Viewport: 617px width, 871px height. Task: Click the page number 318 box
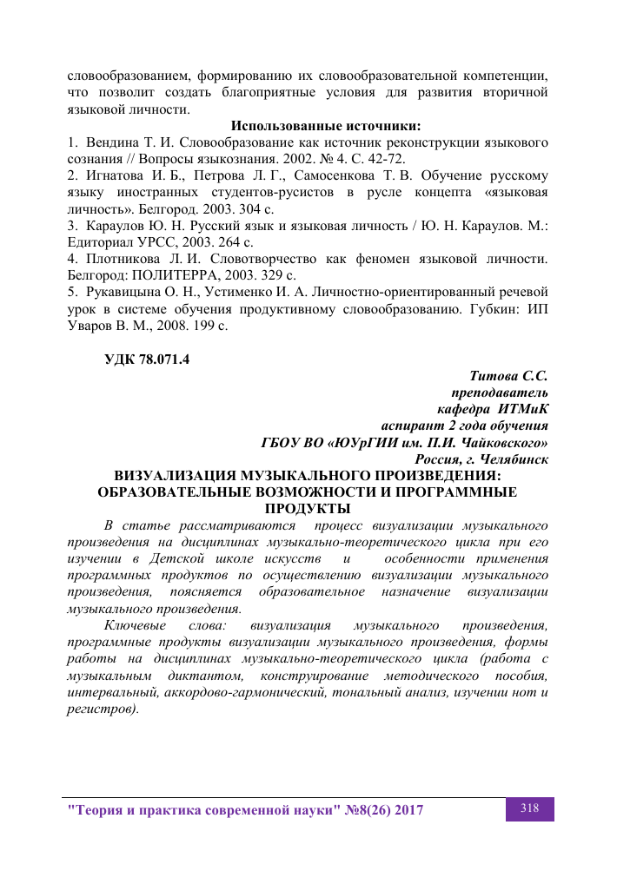coord(529,808)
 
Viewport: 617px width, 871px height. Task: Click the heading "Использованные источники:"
coord(325,126)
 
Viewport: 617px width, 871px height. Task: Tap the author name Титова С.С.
coord(508,376)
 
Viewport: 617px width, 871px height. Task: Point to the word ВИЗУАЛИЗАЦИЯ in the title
coord(168,476)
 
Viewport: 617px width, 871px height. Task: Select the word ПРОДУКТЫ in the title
coord(308,509)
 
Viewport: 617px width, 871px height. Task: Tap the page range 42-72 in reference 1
coord(383,158)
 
